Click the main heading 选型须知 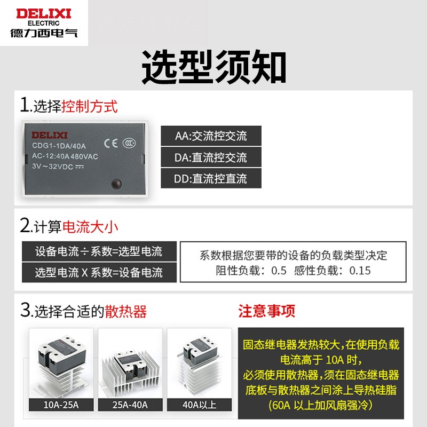pyautogui.click(x=213, y=68)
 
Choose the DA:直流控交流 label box pyautogui.click(x=211, y=157)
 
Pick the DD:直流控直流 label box pyautogui.click(x=211, y=179)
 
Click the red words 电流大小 pyautogui.click(x=90, y=226)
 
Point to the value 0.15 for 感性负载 pyautogui.click(x=360, y=270)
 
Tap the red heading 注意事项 pyautogui.click(x=266, y=311)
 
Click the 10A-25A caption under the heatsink pyautogui.click(x=61, y=405)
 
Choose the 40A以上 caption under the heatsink pyautogui.click(x=199, y=405)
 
